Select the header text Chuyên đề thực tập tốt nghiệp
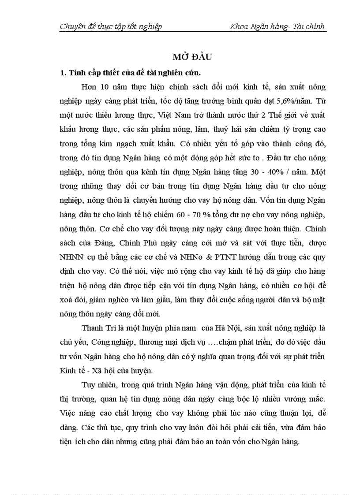111,26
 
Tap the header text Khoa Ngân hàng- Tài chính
277,26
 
